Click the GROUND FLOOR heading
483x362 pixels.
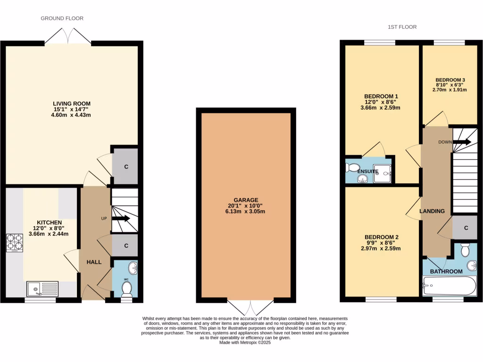(x=62, y=18)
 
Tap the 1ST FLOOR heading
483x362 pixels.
(x=402, y=27)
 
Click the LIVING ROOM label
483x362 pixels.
(x=71, y=104)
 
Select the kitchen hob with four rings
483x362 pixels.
(x=14, y=243)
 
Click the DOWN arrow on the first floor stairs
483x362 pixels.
(x=462, y=142)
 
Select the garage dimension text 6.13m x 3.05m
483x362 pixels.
(x=246, y=212)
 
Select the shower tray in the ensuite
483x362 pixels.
(x=383, y=173)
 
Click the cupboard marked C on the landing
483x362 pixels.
(x=465, y=228)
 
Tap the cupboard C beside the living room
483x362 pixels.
(x=126, y=166)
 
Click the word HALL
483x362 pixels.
(x=94, y=262)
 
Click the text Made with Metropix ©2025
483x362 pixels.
(x=245, y=343)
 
